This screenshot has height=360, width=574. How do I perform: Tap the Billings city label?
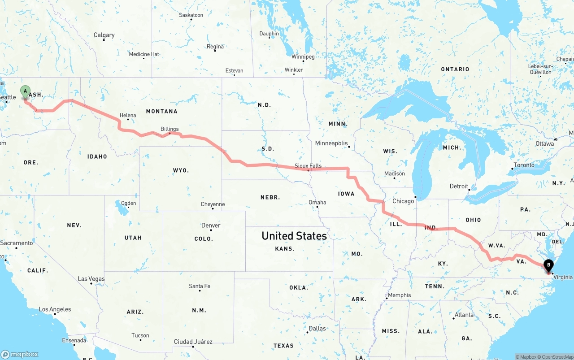(170, 129)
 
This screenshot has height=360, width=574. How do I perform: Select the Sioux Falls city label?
(308, 165)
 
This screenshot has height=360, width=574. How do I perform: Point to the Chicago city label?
(403, 201)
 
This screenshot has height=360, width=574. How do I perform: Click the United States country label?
(294, 236)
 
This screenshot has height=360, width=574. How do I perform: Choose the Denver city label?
(211, 225)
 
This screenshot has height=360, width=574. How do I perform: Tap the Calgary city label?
(104, 35)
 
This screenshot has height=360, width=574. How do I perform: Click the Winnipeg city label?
(303, 56)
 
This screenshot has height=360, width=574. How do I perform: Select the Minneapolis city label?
(331, 143)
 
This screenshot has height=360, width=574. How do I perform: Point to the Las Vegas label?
(91, 279)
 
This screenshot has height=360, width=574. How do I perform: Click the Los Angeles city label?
(55, 309)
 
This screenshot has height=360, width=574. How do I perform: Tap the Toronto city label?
(524, 165)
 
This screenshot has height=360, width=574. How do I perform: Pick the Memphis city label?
(399, 295)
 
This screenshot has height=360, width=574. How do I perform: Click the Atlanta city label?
(464, 315)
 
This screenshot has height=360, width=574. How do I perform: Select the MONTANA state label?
(161, 111)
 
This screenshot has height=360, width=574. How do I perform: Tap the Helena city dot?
(128, 120)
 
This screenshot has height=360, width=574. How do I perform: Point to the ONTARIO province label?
(455, 69)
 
